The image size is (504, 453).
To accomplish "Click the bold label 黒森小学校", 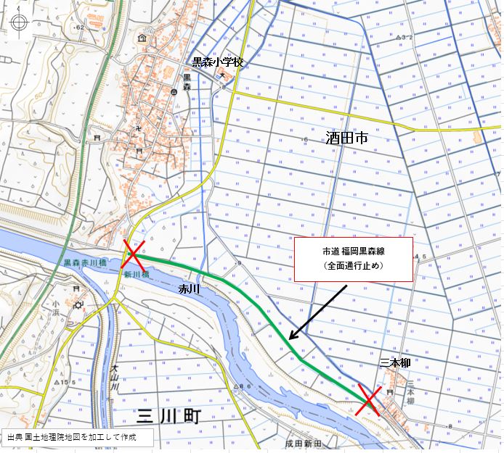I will [217, 64].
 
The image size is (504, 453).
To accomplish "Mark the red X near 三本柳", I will [368, 399].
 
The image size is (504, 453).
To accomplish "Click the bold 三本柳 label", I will [395, 362].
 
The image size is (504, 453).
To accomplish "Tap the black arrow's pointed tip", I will [289, 338].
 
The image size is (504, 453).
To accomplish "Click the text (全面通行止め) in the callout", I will [353, 266].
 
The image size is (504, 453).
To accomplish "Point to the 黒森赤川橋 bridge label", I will [84, 263].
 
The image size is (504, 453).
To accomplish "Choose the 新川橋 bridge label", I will [135, 275].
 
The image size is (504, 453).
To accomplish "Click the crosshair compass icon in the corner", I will [19, 22].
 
